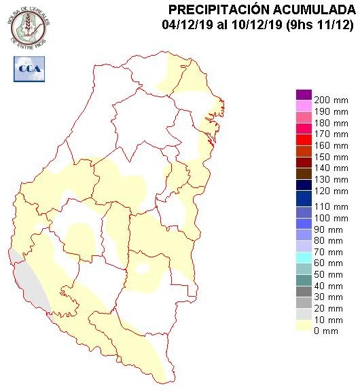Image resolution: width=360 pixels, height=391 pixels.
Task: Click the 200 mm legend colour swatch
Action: point(304,94)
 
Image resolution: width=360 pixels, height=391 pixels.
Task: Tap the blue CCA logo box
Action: point(29,69)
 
